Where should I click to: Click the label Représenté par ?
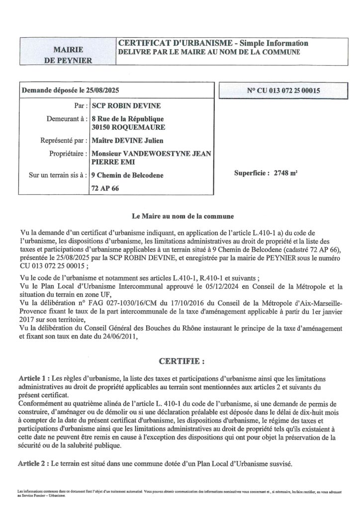pyautogui.click(x=62, y=141)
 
